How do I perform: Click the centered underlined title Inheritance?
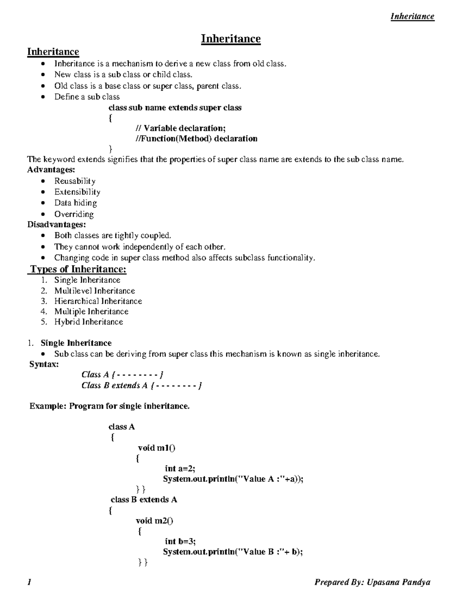pyautogui.click(x=231, y=39)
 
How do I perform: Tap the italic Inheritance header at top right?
pyautogui.click(x=412, y=16)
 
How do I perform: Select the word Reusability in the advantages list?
pyautogui.click(x=75, y=181)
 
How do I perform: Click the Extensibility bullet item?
pyautogui.click(x=77, y=192)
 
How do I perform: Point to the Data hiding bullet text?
pyautogui.click(x=75, y=203)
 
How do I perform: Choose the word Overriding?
pyautogui.click(x=74, y=214)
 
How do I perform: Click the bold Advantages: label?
pyautogui.click(x=51, y=170)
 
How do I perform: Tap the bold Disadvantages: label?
pyautogui.click(x=56, y=224)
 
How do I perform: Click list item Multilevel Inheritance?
pyautogui.click(x=94, y=291)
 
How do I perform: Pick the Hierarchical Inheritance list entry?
pyautogui.click(x=98, y=301)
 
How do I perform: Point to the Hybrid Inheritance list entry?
pyautogui.click(x=89, y=322)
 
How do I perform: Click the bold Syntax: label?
pyautogui.click(x=44, y=364)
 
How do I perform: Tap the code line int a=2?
pyautogui.click(x=180, y=469)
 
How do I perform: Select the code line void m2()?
pyautogui.click(x=154, y=521)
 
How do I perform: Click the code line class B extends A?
pyautogui.click(x=144, y=500)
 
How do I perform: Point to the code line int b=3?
pyautogui.click(x=180, y=541)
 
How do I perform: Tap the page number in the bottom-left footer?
pyautogui.click(x=29, y=583)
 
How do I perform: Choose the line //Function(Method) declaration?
pyautogui.click(x=196, y=139)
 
